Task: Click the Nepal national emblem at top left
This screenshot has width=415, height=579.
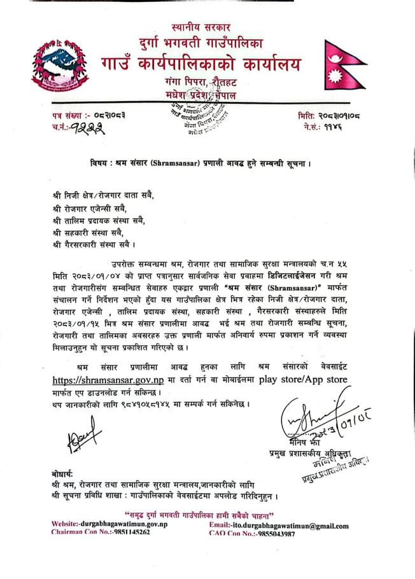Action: click(x=61, y=68)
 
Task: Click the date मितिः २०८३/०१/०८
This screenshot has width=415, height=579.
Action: click(x=332, y=115)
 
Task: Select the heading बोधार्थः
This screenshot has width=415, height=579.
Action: click(x=64, y=475)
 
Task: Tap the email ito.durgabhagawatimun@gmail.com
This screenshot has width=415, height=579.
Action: click(x=290, y=526)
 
